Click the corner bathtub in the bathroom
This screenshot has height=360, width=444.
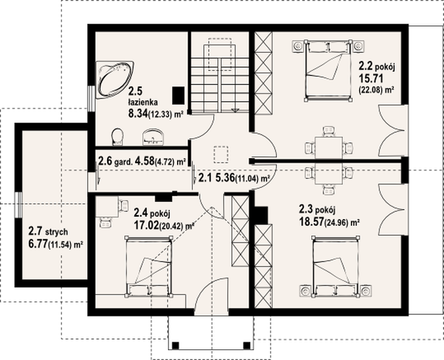114,79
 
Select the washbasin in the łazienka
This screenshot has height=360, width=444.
153,137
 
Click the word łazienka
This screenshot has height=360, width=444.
143,102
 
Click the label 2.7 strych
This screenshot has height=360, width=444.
48,231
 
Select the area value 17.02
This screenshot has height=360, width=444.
146,225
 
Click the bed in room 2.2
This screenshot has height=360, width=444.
328,70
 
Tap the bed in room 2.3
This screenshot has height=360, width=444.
336,267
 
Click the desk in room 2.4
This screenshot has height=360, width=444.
107,206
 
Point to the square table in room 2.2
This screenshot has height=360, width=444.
329,147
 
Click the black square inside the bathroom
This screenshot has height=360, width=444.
179,95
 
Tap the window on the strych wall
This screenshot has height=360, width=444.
18,205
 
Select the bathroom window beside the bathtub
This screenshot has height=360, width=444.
91,98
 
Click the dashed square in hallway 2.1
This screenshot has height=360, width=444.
221,154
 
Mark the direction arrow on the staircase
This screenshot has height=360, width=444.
235,110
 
